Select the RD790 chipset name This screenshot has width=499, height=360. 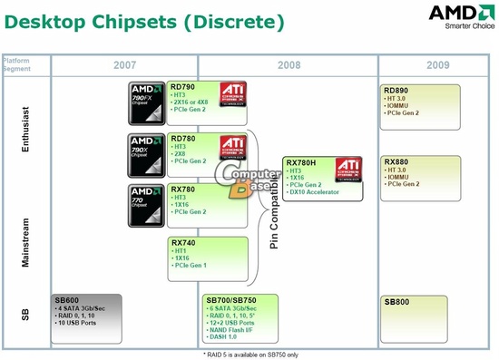[184, 87]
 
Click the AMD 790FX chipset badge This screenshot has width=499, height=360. [146, 102]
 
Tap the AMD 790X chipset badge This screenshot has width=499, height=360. [146, 153]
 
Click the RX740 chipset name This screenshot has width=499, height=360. [184, 243]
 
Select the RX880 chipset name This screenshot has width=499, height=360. [397, 162]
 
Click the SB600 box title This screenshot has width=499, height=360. [67, 300]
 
